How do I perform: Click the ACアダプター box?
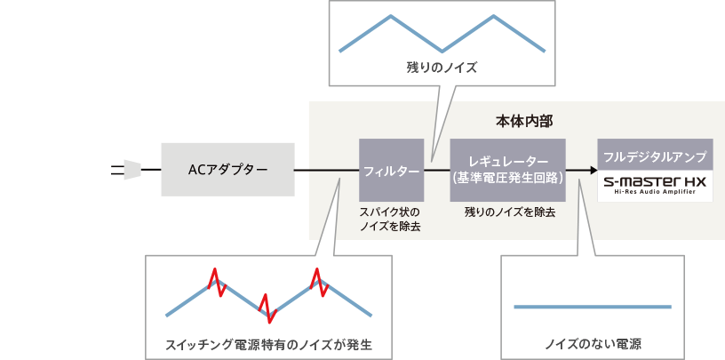click(227, 170)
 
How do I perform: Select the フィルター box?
click(391, 170)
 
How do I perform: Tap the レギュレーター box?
click(507, 169)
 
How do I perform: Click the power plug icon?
click(130, 170)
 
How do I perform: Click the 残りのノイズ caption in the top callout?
click(442, 67)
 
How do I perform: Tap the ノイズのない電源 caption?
click(593, 343)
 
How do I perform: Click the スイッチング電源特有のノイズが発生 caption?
click(268, 343)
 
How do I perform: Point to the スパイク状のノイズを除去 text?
click(390, 220)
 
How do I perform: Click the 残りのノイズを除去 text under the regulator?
click(509, 213)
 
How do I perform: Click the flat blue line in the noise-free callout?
click(593, 307)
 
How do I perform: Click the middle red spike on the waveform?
click(267, 308)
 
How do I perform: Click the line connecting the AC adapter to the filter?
click(326, 171)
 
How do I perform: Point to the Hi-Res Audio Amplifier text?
click(653, 193)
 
